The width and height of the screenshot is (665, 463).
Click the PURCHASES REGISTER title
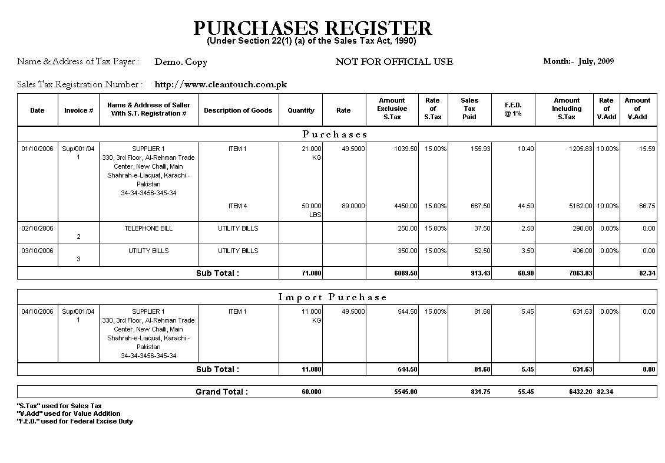coord(312,28)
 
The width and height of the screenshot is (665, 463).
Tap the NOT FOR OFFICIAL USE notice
coord(394,62)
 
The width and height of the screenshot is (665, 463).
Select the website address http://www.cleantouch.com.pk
coord(220,84)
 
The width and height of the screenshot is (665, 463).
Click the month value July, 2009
coord(596,61)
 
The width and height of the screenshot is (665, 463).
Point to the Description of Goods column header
coord(238,110)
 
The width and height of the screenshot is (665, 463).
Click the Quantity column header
coord(301,110)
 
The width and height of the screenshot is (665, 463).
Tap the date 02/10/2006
coord(37,228)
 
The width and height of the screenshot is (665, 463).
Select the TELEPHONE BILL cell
coord(148,228)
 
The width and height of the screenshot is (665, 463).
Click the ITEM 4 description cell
coord(238,206)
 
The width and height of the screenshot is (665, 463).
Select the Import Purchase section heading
coord(332,297)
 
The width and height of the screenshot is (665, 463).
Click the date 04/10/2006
coord(37,311)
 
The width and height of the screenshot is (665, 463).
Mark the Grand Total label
coord(221,392)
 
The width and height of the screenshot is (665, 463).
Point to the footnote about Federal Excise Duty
coord(75,421)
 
